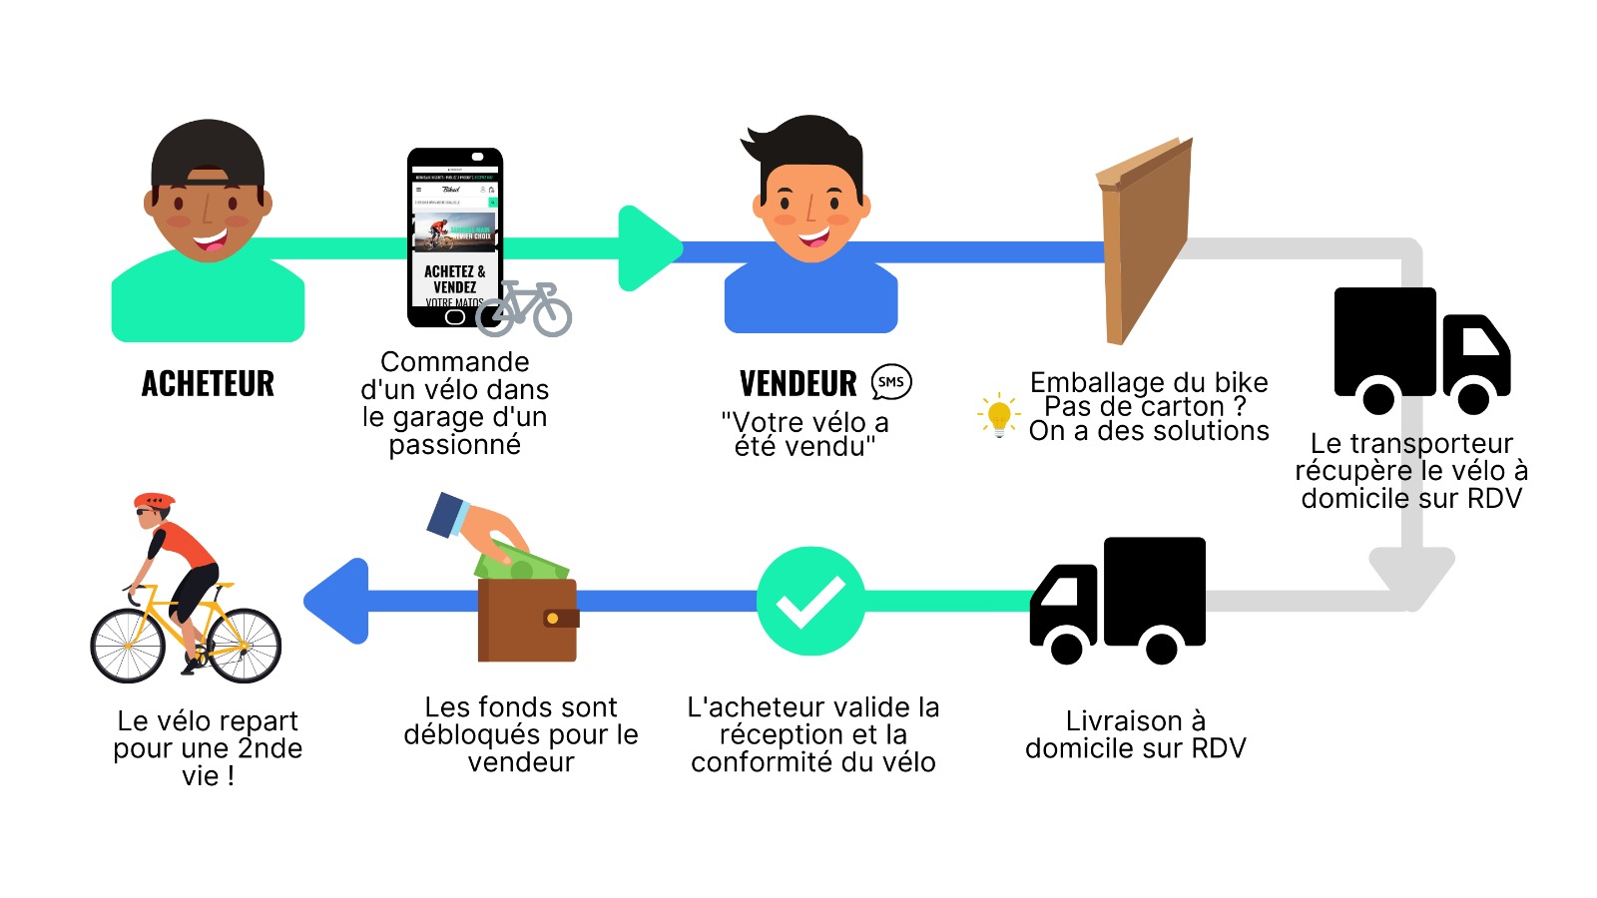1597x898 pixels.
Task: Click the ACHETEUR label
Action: click(x=208, y=384)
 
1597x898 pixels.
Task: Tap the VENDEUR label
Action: click(x=798, y=384)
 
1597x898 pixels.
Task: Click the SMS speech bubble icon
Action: click(x=891, y=382)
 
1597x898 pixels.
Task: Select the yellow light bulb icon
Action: click(x=998, y=415)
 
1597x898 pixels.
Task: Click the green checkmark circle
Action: click(x=810, y=601)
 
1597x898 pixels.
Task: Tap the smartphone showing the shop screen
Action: click(x=454, y=237)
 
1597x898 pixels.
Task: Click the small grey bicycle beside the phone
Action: click(x=524, y=308)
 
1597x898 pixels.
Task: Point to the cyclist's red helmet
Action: click(x=154, y=500)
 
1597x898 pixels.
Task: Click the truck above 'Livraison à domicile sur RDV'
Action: click(x=1118, y=599)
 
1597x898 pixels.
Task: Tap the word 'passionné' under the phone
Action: click(x=454, y=445)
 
